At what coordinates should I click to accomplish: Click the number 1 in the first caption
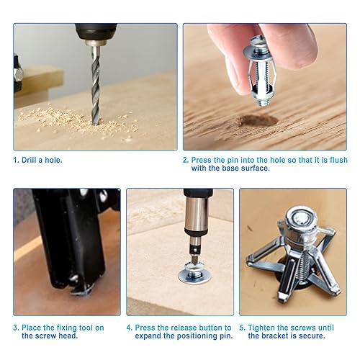[15, 159]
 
